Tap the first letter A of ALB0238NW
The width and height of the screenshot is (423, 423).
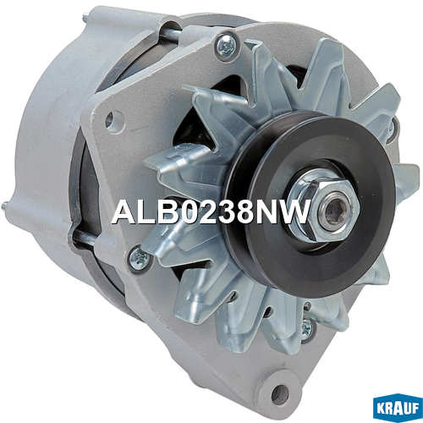pos(123,211)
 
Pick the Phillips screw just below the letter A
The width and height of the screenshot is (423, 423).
pos(139,258)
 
